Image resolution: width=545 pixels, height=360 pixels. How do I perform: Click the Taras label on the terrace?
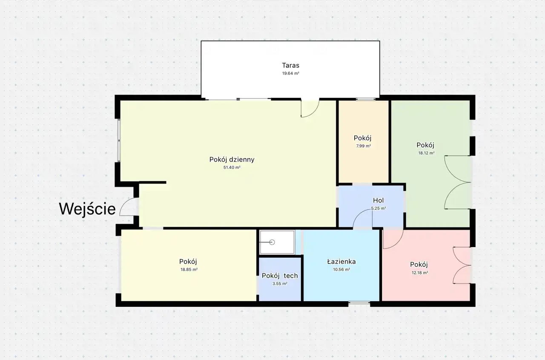click(x=290, y=65)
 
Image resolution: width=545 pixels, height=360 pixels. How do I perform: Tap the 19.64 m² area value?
click(x=290, y=73)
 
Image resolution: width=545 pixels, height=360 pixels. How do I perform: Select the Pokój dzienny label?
click(x=232, y=160)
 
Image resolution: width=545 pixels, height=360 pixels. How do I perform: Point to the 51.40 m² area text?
click(x=232, y=167)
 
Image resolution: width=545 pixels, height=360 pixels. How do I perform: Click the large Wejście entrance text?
click(x=87, y=209)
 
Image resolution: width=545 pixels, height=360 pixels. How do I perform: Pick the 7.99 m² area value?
click(x=364, y=146)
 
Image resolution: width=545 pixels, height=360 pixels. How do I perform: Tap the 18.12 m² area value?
click(x=426, y=153)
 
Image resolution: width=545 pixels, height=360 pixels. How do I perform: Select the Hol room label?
click(x=379, y=200)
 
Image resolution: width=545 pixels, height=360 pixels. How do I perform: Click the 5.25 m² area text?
click(x=379, y=208)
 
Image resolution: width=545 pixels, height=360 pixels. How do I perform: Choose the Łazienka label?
click(x=341, y=262)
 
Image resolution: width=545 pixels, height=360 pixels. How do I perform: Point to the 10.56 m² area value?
click(x=341, y=269)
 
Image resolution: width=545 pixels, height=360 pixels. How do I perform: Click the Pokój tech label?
click(x=280, y=276)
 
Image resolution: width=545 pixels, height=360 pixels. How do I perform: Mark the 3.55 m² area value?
click(x=280, y=284)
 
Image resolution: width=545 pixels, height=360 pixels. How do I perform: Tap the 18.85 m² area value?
click(x=189, y=269)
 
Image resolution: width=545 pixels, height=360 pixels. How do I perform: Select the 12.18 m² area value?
click(x=420, y=273)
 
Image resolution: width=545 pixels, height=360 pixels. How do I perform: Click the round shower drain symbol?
click(x=272, y=242)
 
